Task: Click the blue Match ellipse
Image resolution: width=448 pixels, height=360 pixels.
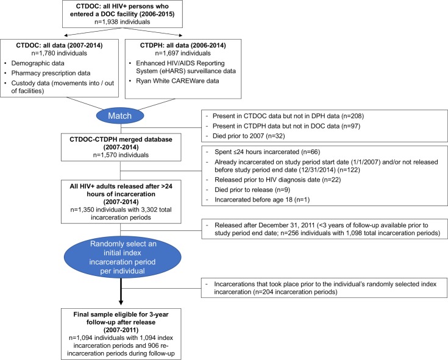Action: click(120, 116)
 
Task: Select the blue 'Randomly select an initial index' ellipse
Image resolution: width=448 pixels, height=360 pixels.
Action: click(123, 258)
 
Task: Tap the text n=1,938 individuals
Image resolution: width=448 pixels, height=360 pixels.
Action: click(123, 22)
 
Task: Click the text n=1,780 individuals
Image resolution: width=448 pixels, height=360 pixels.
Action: click(59, 53)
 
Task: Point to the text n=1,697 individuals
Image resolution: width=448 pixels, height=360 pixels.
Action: click(183, 53)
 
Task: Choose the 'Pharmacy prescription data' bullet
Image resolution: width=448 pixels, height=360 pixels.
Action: click(51, 73)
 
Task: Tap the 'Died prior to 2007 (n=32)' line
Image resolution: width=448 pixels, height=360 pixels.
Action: click(249, 136)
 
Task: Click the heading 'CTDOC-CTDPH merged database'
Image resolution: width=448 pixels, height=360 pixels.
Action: click(121, 139)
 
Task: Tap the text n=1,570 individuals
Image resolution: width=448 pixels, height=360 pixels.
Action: click(121, 155)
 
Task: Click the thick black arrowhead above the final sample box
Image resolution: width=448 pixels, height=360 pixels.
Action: click(121, 302)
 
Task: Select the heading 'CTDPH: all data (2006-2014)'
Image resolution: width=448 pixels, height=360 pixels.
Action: click(183, 45)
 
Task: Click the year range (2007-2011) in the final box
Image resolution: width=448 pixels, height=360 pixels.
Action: click(121, 330)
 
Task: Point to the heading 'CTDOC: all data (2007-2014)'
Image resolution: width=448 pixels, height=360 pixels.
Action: click(59, 45)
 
